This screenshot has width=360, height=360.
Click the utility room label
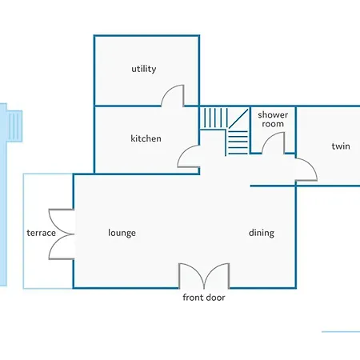tap(144, 69)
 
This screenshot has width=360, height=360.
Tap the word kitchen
tap(146, 138)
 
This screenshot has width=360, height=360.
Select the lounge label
tap(122, 233)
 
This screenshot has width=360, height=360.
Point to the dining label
tap(262, 233)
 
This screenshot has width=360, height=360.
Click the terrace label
tap(42, 233)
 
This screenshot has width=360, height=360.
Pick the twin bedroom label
tap(341, 146)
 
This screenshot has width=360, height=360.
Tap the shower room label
tap(273, 119)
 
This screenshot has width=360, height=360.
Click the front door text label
tap(204, 298)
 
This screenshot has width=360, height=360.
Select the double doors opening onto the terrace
tap(58, 234)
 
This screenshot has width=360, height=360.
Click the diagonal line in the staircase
tap(238, 118)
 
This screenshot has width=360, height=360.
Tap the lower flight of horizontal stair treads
tap(238, 142)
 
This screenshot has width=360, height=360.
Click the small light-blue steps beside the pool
tap(15, 126)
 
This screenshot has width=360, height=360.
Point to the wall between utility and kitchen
tap(127, 106)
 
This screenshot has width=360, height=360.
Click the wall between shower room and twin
tap(295, 130)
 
